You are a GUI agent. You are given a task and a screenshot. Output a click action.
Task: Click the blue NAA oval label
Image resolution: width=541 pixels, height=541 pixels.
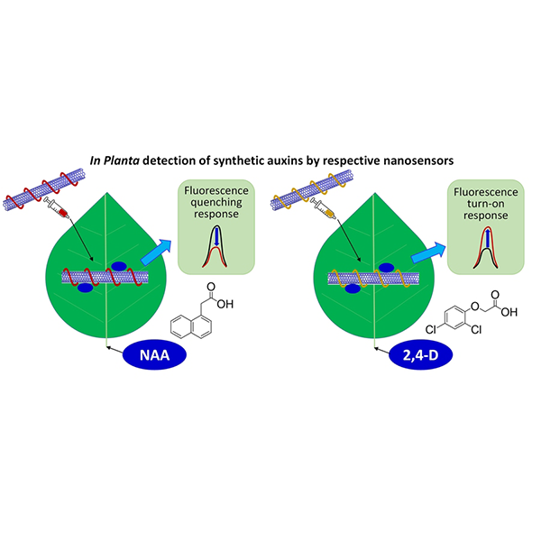154,355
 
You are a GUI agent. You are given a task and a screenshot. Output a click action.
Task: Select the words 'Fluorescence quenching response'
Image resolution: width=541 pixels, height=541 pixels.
210,203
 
